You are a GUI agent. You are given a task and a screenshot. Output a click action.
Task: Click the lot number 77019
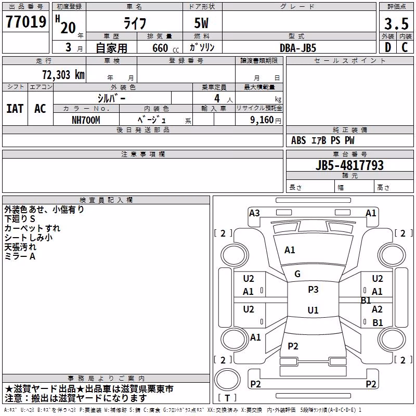(26, 21)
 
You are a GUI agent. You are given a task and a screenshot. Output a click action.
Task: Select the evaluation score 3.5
(396, 23)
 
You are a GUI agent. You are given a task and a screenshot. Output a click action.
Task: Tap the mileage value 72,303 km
(63, 75)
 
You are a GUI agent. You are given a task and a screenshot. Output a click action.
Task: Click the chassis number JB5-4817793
(349, 165)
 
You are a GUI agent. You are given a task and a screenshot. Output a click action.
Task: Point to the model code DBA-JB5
(298, 48)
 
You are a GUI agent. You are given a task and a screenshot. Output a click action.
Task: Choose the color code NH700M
(86, 120)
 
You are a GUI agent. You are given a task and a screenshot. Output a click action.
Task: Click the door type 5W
(201, 23)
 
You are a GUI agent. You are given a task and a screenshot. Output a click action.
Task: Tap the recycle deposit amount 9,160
(262, 120)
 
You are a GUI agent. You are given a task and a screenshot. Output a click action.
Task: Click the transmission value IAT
(15, 109)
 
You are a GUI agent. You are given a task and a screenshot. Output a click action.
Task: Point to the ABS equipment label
(298, 140)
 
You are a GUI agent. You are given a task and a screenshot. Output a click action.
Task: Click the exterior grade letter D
(388, 47)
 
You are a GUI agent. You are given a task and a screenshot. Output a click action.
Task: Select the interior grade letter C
(405, 47)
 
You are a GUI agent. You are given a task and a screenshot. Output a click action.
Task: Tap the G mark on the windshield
(297, 274)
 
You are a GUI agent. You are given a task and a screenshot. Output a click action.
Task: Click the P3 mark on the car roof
(313, 290)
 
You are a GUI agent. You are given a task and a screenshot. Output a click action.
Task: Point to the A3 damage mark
(254, 213)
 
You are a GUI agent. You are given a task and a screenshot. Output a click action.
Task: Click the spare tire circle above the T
(227, 380)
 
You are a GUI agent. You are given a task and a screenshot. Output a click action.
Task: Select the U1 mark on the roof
(313, 310)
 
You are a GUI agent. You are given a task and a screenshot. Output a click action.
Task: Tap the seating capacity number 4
(217, 98)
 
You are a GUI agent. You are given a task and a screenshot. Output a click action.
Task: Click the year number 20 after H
(68, 28)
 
